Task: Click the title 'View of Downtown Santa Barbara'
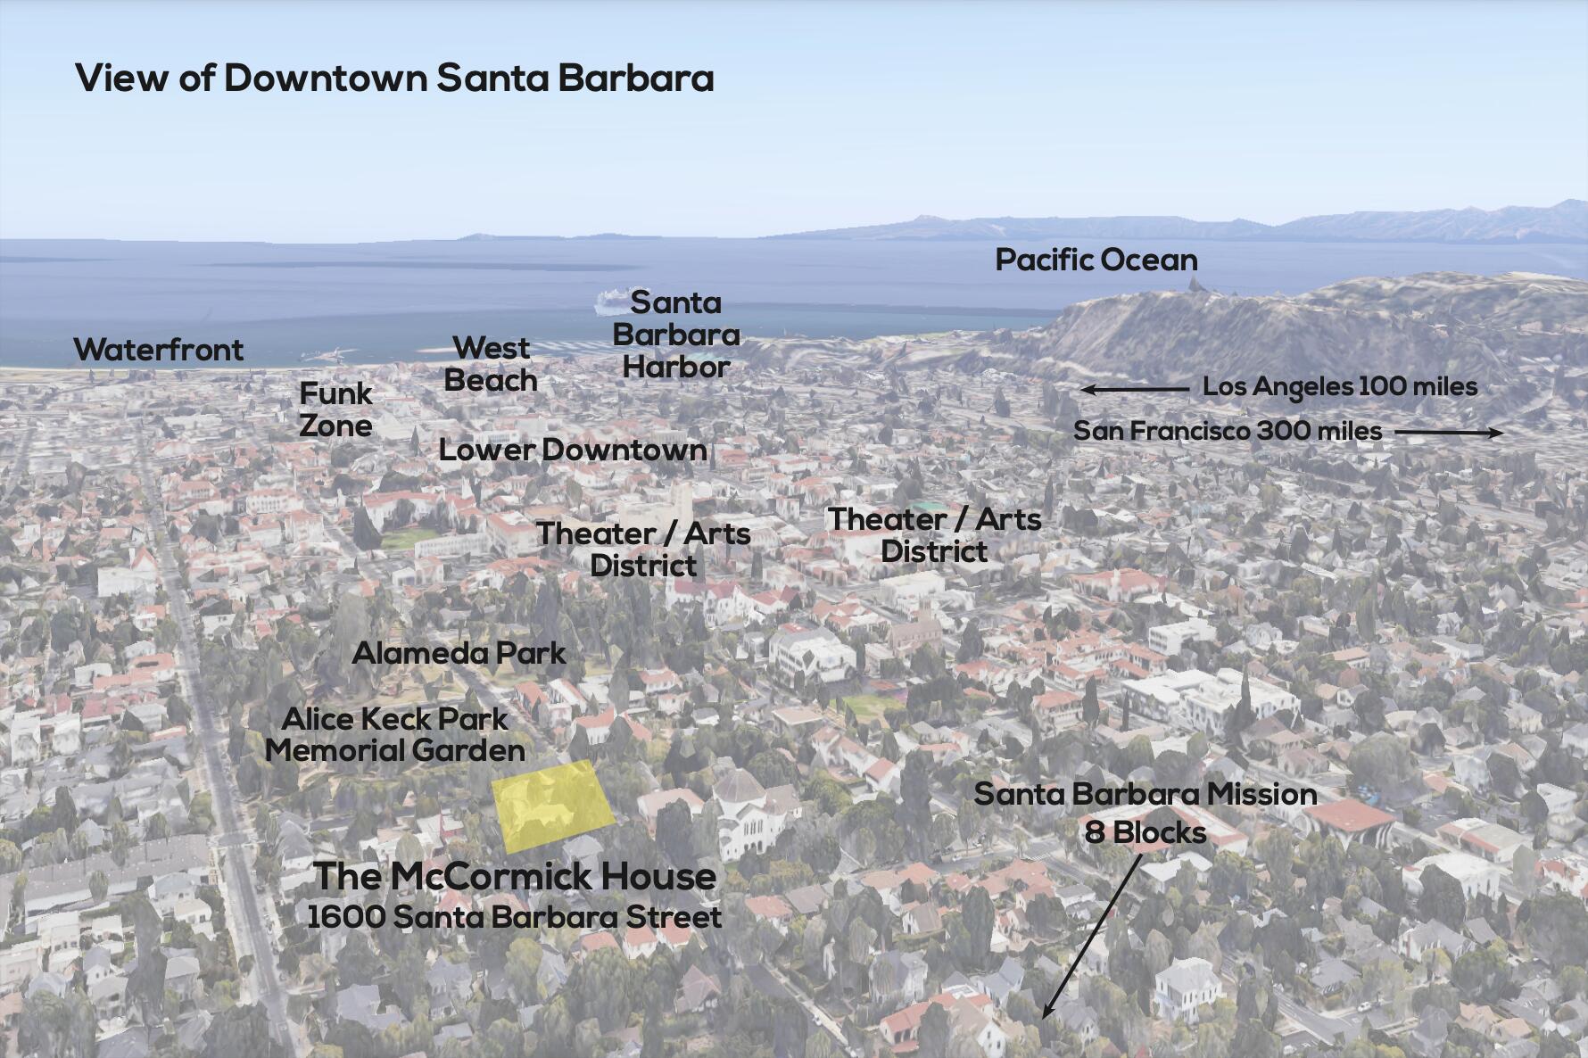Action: click(394, 79)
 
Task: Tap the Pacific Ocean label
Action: click(1096, 260)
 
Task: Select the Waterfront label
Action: click(158, 350)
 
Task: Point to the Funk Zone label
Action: click(335, 409)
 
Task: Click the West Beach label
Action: click(491, 364)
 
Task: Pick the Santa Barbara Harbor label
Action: click(676, 335)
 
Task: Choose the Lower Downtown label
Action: click(573, 450)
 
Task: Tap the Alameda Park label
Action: click(459, 653)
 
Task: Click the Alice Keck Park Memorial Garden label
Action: click(395, 734)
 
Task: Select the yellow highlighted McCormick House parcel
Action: click(552, 805)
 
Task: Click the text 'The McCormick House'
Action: click(515, 876)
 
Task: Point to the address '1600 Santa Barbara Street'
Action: click(514, 917)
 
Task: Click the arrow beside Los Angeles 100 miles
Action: click(1133, 389)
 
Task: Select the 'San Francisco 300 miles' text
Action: click(1227, 431)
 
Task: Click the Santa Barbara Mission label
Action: click(1145, 794)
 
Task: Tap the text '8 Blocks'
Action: click(1145, 833)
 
